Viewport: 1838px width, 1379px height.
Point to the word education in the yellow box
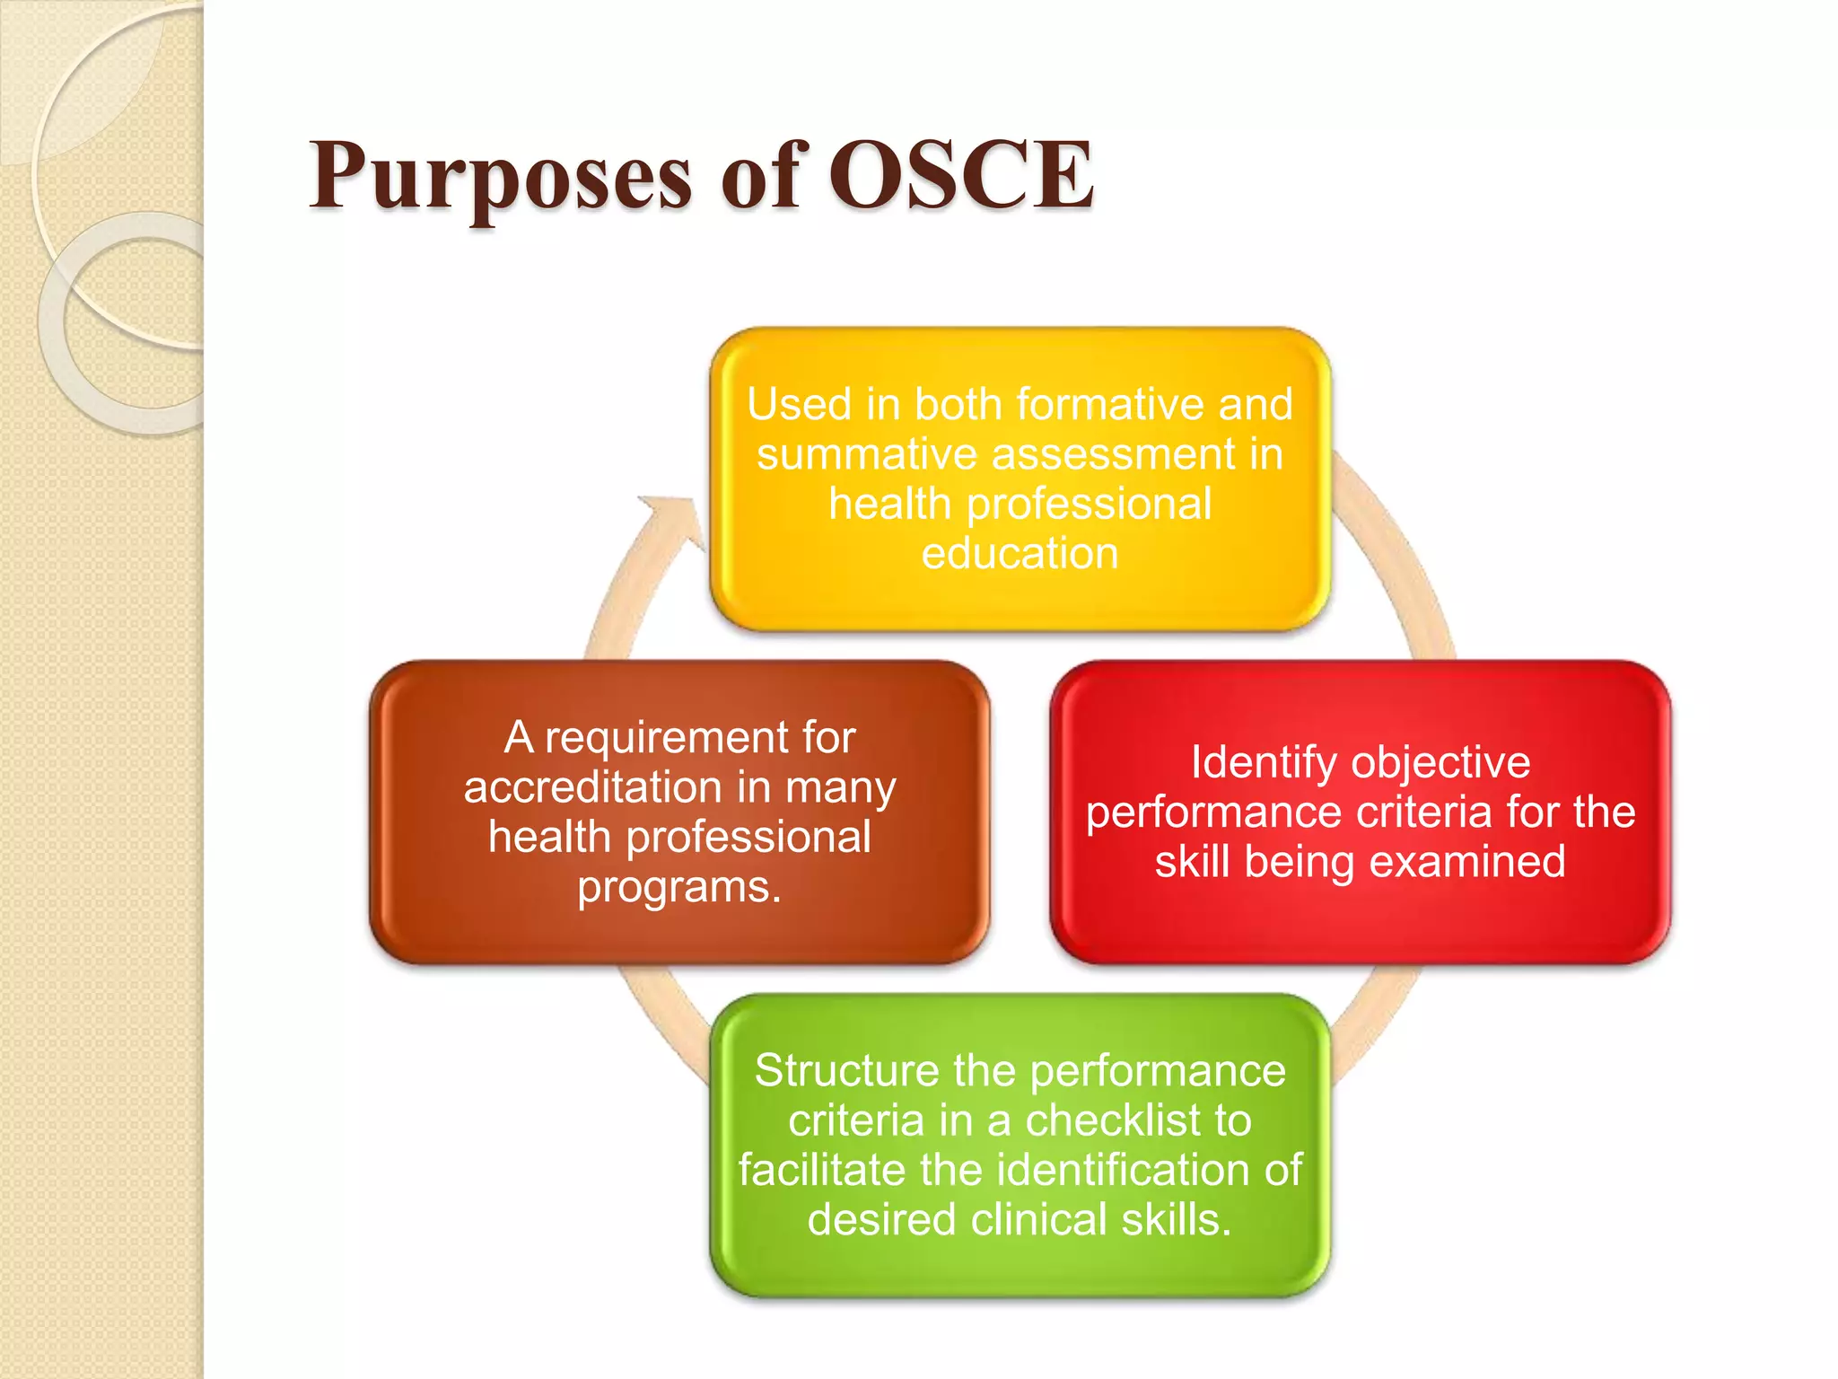point(1020,554)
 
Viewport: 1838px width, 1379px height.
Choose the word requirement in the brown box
point(667,738)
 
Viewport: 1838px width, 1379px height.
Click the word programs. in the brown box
point(679,888)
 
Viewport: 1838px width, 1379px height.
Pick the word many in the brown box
point(840,788)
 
